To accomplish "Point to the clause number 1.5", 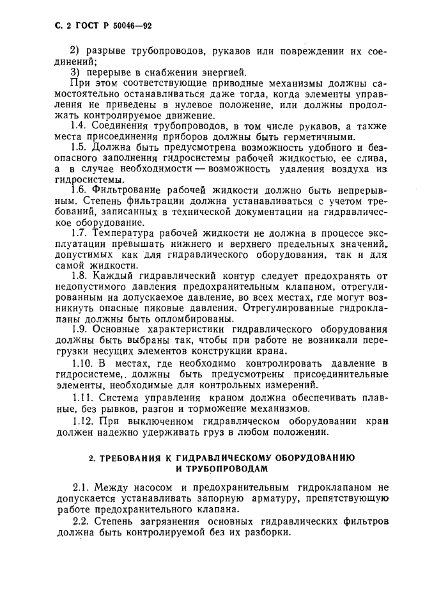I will pyautogui.click(x=79, y=148).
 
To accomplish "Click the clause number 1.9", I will pyautogui.click(x=79, y=329).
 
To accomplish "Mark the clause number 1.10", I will pyautogui.click(x=81, y=364).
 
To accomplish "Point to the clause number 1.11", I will pyautogui.click(x=81, y=397).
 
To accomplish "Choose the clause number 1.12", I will pyautogui.click(x=81, y=420).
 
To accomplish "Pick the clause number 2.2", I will pyautogui.click(x=79, y=521).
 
